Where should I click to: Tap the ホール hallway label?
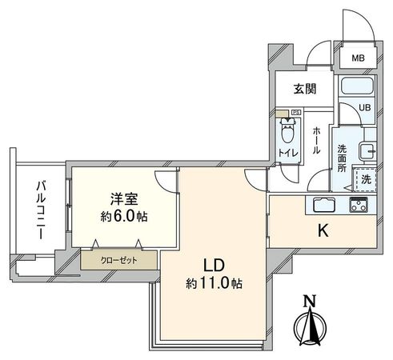click(317, 139)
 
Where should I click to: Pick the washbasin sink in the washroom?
click(367, 150)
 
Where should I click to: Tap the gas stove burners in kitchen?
click(357, 205)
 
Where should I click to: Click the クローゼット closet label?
click(118, 259)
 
